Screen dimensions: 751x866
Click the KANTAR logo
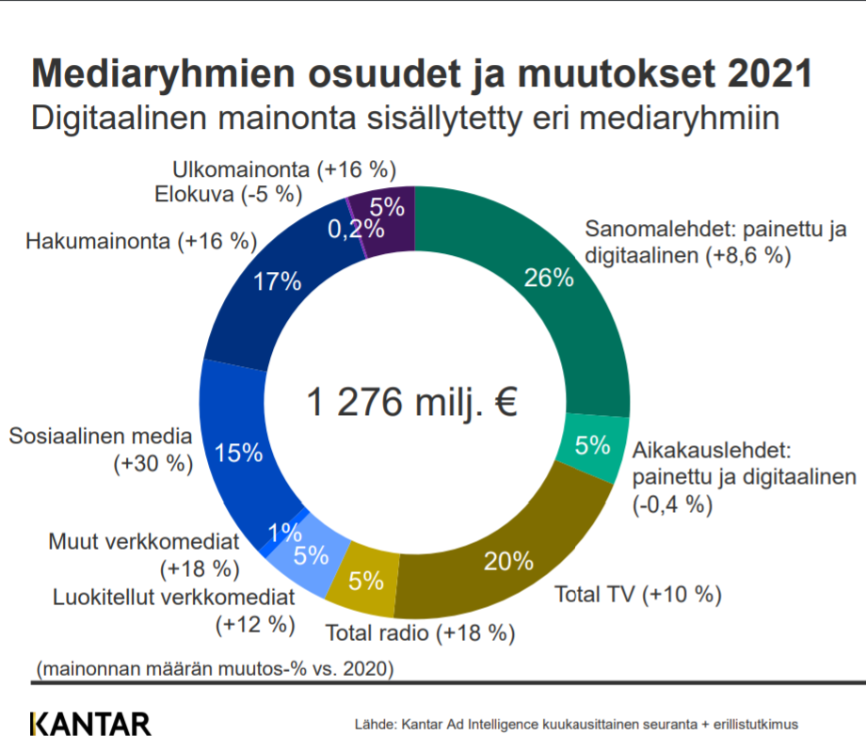[90, 724]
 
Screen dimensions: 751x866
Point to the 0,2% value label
[356, 229]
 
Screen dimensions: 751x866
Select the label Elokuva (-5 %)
[227, 195]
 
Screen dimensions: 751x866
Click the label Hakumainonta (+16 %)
[141, 242]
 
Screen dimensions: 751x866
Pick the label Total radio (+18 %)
[420, 633]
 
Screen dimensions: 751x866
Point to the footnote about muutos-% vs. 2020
[214, 669]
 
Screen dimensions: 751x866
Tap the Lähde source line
[576, 725]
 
